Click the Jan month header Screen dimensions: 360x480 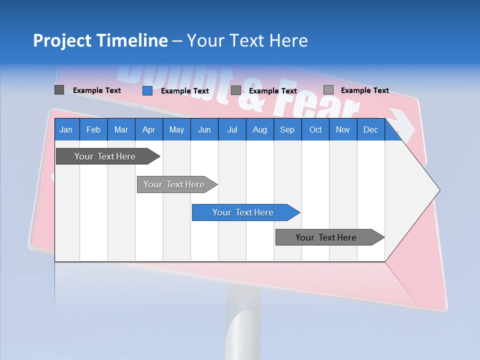(x=66, y=129)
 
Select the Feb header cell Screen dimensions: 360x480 (x=93, y=129)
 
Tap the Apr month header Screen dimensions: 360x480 (x=149, y=129)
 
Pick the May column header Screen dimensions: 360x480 (x=176, y=129)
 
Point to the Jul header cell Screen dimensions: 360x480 (x=232, y=129)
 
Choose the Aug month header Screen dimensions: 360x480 (x=260, y=129)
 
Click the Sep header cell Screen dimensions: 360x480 (x=287, y=129)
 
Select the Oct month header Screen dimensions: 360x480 (x=315, y=129)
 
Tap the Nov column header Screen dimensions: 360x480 (x=343, y=129)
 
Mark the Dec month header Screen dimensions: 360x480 (x=371, y=129)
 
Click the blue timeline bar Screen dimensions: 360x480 (x=243, y=212)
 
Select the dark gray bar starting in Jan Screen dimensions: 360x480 (x=105, y=156)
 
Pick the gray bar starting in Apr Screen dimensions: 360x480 (x=174, y=184)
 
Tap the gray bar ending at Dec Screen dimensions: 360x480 (x=326, y=237)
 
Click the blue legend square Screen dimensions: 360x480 (x=147, y=90)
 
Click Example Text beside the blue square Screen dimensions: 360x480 (x=185, y=91)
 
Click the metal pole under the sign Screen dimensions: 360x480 (x=242, y=320)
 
